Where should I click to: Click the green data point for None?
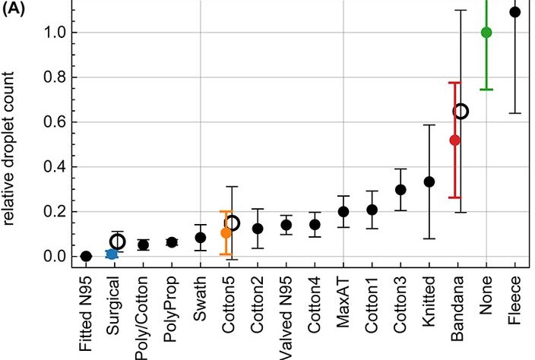(486, 33)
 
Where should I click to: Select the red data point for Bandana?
(454, 140)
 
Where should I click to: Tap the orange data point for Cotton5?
(226, 233)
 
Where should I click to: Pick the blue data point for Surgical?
(112, 254)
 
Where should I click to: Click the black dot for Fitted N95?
(87, 256)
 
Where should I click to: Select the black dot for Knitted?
(429, 182)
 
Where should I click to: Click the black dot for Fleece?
(515, 12)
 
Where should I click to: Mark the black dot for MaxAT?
(343, 212)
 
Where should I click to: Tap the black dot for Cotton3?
(400, 190)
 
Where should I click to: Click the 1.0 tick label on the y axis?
(55, 33)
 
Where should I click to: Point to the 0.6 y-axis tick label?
(55, 122)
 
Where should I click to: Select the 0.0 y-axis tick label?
(55, 257)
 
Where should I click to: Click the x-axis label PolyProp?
(171, 309)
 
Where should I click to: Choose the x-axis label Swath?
(200, 298)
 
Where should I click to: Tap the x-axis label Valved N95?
(286, 317)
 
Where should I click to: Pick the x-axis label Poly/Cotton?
(143, 317)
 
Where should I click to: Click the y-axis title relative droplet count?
(8, 148)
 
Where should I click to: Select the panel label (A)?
(14, 9)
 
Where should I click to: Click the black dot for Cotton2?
(258, 229)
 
